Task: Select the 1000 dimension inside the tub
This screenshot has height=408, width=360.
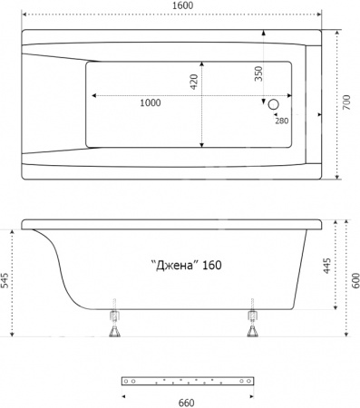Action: coord(151,102)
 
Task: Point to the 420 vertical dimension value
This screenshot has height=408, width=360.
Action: coord(193,83)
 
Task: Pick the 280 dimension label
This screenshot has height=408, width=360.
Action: coord(282,121)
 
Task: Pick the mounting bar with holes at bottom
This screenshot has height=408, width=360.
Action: coord(187,381)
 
